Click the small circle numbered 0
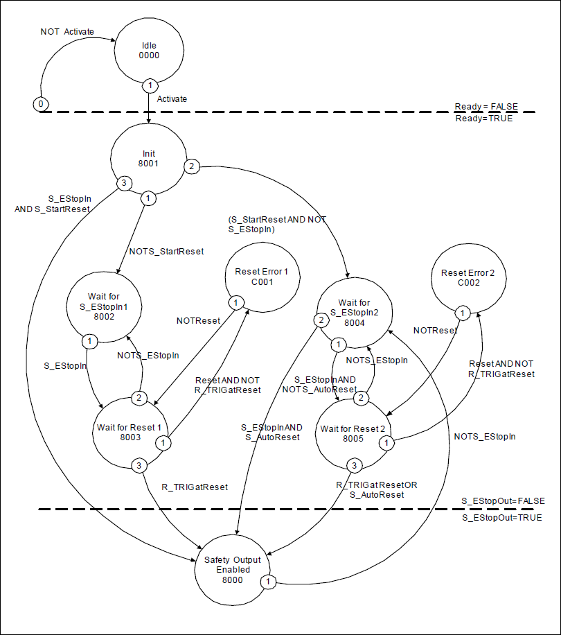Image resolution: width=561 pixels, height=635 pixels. [41, 104]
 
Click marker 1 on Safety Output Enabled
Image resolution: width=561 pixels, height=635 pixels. [268, 581]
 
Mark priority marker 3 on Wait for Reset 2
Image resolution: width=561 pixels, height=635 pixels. [354, 464]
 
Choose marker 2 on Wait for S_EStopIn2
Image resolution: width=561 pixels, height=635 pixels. [321, 320]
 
